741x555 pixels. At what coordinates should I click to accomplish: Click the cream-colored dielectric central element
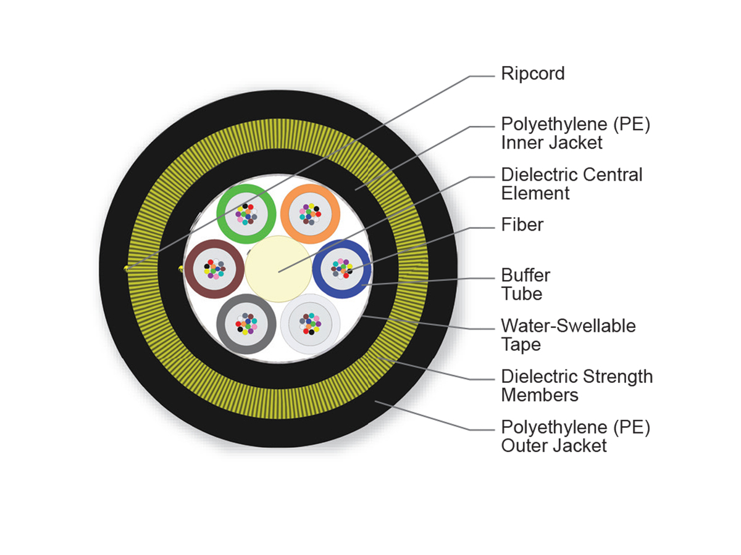tap(278, 269)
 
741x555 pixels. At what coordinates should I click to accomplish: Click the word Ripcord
tap(532, 74)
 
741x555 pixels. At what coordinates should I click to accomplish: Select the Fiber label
tap(522, 224)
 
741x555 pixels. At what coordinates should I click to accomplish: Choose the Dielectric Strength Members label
tap(576, 385)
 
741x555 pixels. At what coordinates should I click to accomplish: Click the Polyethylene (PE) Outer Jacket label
tap(576, 435)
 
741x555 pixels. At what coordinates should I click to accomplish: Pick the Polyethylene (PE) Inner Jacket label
tap(576, 133)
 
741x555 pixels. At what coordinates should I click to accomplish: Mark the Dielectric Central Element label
tap(571, 184)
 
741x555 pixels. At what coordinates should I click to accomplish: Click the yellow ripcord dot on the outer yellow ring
tap(127, 268)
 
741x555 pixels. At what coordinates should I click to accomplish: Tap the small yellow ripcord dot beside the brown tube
tap(180, 268)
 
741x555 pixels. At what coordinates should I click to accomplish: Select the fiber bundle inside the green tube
tap(246, 213)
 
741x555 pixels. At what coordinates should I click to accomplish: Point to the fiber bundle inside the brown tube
tap(214, 269)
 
